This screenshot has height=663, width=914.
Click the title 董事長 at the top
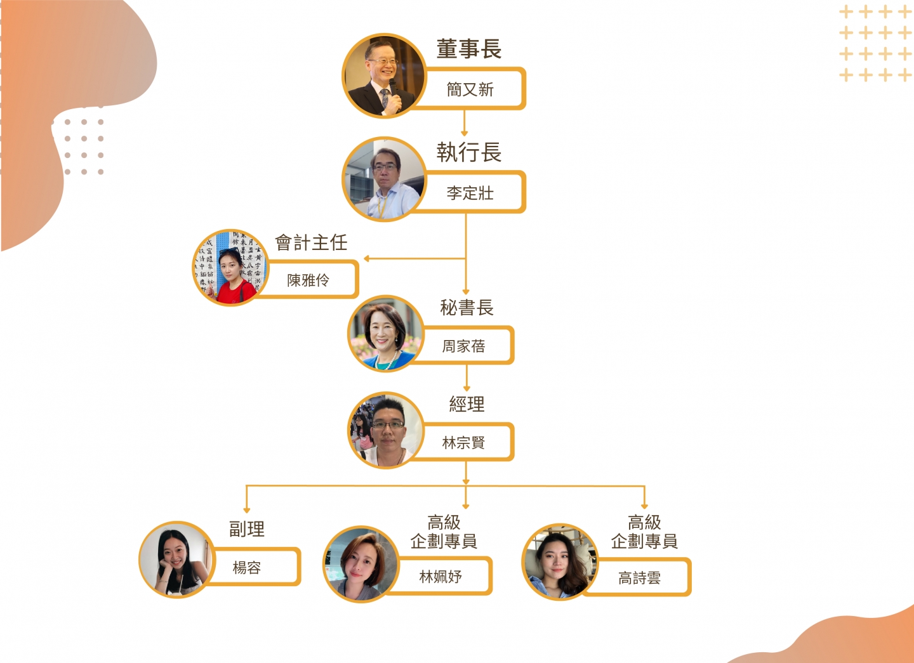click(469, 49)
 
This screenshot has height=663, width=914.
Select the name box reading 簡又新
click(470, 89)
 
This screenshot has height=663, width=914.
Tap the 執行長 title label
click(469, 152)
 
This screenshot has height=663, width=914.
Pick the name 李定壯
click(470, 193)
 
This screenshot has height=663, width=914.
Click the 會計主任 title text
click(311, 242)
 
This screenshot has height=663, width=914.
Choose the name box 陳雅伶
click(308, 280)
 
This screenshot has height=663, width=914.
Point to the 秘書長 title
click(467, 308)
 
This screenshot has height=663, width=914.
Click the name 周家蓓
click(464, 346)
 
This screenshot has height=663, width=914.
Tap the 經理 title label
click(467, 404)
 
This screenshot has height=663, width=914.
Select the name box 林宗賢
click(464, 442)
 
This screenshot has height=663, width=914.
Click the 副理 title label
click(247, 528)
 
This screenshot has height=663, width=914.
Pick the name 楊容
click(247, 567)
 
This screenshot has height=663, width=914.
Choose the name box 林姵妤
click(440, 576)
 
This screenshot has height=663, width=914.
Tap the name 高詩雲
click(640, 577)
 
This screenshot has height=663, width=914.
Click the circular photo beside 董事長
click(384, 75)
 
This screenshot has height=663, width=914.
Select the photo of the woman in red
click(230, 267)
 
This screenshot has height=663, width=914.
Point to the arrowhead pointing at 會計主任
click(367, 259)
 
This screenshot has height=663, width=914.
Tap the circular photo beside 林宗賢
click(386, 430)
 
